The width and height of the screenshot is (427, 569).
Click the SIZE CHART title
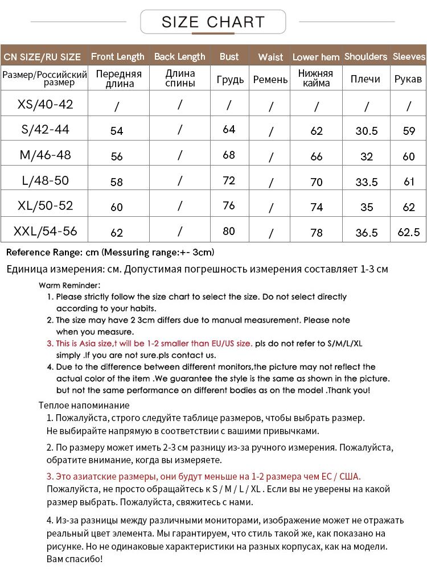213,22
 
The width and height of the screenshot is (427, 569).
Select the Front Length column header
118,56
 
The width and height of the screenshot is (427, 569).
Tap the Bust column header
229,56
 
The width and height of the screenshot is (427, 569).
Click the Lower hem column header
316,57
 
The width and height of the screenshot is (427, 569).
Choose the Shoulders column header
366,56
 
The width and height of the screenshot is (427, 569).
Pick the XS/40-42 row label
46,105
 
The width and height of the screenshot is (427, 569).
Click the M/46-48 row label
46,155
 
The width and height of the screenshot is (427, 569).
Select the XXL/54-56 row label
46,232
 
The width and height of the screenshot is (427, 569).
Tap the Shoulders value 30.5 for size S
367,131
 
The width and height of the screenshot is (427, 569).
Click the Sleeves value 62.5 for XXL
409,232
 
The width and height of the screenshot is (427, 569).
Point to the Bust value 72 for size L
229,181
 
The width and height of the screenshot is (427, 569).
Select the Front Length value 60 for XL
117,207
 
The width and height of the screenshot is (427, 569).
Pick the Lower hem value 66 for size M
317,156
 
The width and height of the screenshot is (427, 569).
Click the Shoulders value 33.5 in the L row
367,182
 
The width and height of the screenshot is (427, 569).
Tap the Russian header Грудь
230,80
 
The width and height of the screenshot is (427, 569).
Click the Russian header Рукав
408,79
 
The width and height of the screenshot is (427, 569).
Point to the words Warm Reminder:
69,285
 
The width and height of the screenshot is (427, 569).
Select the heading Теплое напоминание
84,405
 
